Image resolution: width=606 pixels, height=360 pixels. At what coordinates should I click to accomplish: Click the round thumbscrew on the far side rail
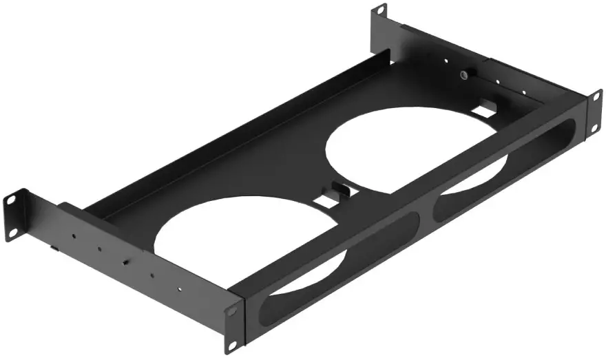466,74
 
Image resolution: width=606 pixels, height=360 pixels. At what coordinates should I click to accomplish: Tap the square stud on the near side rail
125,262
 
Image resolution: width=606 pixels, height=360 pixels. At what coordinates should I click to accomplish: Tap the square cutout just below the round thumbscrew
486,107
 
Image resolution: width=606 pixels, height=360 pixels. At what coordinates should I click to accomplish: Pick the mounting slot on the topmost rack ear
380,11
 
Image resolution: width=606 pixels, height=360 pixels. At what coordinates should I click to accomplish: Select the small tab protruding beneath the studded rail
54,245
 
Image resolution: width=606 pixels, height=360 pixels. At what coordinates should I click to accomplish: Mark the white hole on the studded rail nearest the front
180,290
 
